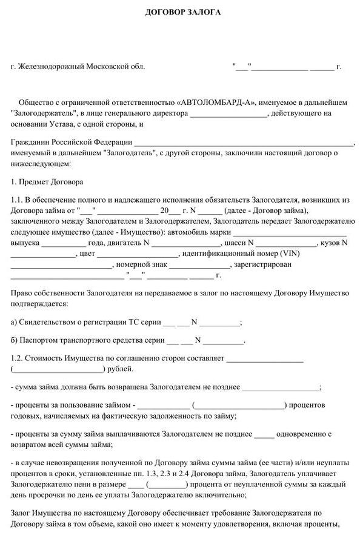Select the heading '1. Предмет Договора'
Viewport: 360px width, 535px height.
click(x=47, y=182)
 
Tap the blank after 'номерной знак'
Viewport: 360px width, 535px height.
click(x=199, y=264)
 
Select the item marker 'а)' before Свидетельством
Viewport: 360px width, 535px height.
click(x=14, y=322)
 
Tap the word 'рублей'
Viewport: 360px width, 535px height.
click(x=120, y=369)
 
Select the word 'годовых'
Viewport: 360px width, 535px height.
click(x=25, y=416)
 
